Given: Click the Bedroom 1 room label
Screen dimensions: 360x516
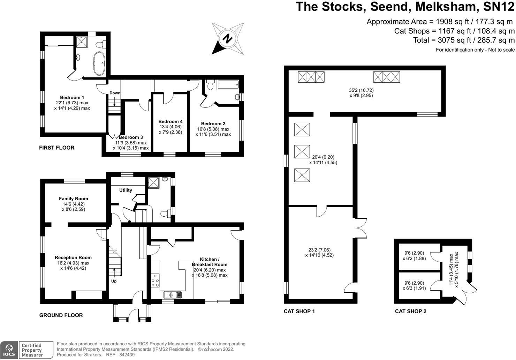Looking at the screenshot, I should click(72, 98).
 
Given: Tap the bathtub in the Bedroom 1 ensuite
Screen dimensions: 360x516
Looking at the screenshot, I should click(99, 63).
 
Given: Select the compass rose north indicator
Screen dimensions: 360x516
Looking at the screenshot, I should click(228, 38).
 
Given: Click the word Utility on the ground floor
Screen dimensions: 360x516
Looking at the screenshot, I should click(126, 190).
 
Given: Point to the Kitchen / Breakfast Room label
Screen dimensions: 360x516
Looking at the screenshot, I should click(210, 262).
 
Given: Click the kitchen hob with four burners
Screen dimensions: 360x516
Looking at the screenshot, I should click(155, 280).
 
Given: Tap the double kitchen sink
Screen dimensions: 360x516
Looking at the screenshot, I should click(173, 295).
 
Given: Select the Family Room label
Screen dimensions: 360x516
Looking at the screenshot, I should click(73, 199).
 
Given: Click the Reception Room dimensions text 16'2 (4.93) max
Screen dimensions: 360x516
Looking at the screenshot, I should click(73, 263).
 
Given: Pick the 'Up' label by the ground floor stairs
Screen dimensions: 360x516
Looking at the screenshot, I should click(114, 281).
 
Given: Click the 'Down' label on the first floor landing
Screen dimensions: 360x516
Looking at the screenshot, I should click(115, 93).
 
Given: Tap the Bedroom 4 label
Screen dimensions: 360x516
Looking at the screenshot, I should click(170, 122).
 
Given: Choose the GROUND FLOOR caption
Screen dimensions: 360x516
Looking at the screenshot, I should click(61, 315).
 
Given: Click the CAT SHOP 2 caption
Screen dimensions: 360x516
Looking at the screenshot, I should click(410, 311).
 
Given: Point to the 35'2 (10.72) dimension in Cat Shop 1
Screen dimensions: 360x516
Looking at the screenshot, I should click(358, 90).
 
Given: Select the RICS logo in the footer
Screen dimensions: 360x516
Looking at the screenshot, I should click(9, 350).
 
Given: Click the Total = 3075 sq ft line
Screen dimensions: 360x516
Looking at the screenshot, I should click(464, 40).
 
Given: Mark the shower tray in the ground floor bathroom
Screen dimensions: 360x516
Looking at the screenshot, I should click(153, 182).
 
